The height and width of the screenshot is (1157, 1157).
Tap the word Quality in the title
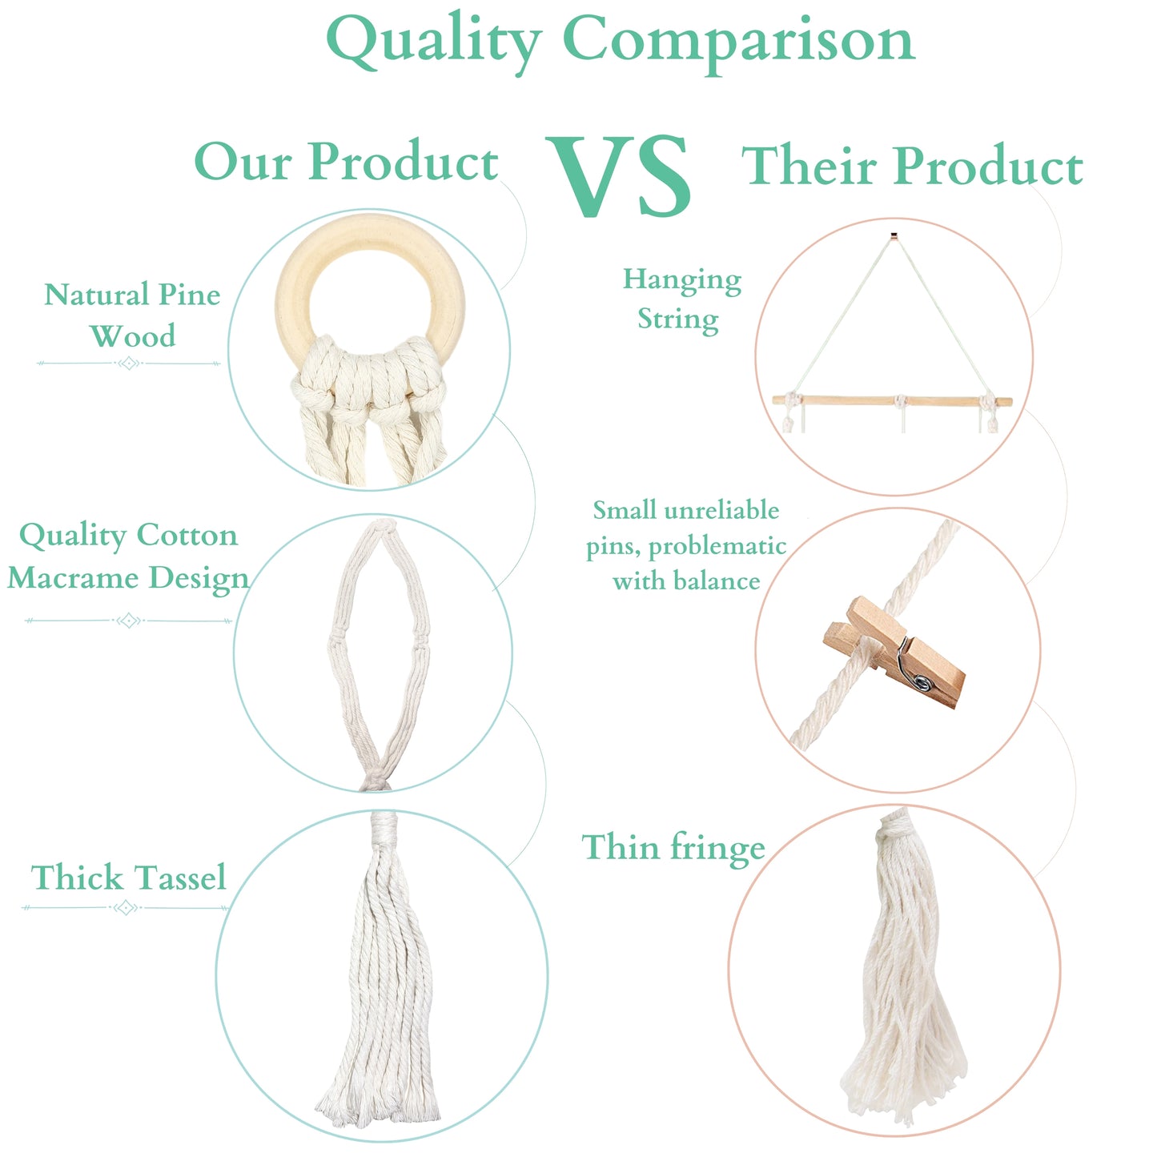tap(434, 42)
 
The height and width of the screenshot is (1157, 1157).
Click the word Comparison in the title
tap(739, 42)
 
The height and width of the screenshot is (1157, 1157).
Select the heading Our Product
tap(347, 161)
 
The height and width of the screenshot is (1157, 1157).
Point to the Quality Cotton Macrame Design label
tap(128, 556)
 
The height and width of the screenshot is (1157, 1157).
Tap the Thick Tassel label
tap(129, 878)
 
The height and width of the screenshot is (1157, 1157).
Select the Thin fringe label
tap(673, 848)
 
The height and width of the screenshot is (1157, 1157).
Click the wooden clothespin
tap(894, 653)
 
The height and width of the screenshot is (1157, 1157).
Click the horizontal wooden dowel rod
tap(892, 400)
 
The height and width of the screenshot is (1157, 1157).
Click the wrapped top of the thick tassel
tap(384, 827)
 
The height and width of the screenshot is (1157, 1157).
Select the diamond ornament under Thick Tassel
tap(126, 907)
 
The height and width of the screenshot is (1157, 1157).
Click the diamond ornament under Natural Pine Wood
tap(129, 364)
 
